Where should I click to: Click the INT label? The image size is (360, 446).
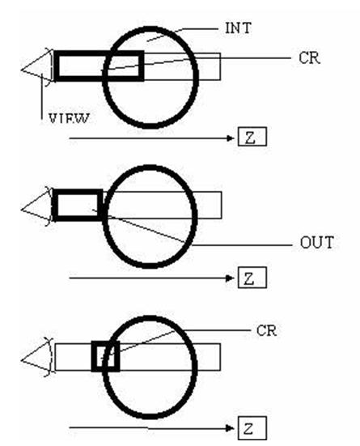(239, 28)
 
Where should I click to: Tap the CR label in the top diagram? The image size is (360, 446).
(309, 58)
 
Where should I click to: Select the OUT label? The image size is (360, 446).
(317, 243)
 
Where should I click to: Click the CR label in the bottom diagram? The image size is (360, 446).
(266, 331)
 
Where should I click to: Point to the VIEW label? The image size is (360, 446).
(69, 119)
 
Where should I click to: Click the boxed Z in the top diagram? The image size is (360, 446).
(252, 137)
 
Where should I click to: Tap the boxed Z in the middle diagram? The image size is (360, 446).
(252, 278)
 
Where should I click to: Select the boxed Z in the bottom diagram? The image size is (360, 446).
(252, 428)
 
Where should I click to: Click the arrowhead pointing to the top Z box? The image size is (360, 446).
(230, 138)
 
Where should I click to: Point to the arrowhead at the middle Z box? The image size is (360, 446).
(230, 278)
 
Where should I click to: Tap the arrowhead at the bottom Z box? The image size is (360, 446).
(230, 428)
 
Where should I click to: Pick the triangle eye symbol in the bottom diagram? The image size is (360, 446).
(37, 358)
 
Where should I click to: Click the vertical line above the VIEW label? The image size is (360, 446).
(42, 96)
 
